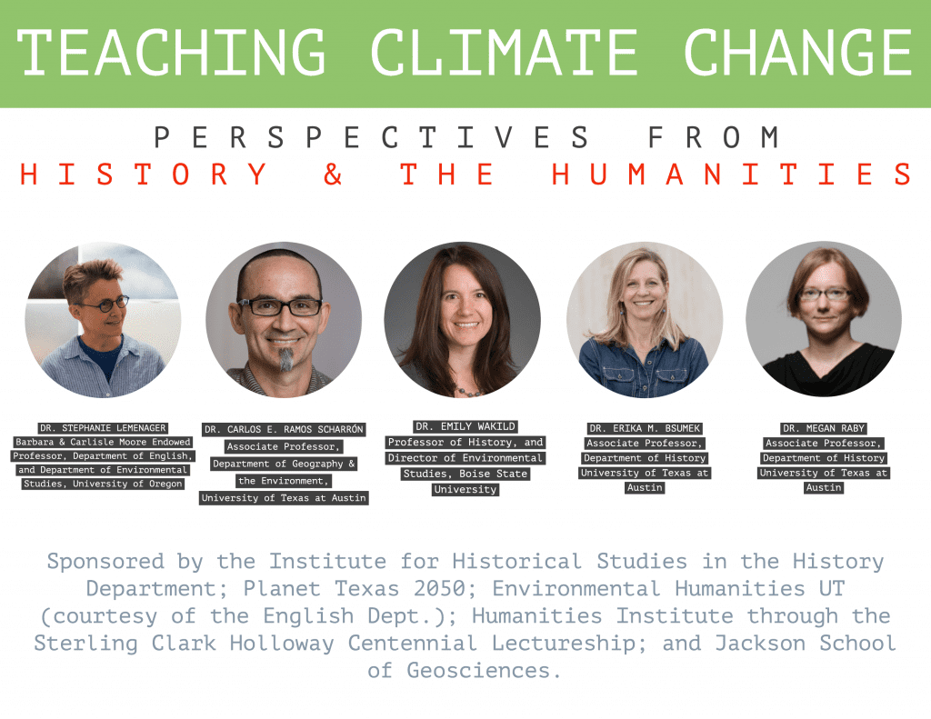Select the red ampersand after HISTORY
click(333, 174)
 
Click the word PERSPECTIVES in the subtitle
click(372, 137)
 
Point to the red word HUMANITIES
click(732, 174)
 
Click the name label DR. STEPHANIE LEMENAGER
click(103, 428)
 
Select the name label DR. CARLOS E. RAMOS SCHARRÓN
click(284, 429)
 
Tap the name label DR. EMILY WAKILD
click(465, 426)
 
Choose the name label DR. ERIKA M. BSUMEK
click(645, 428)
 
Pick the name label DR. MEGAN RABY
click(824, 428)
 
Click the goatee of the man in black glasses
click(286, 359)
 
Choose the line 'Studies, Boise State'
click(465, 474)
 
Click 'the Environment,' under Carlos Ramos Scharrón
click(284, 481)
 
